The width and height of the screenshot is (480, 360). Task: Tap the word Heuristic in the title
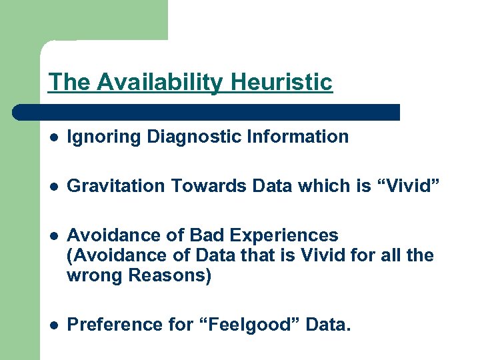coord(281,82)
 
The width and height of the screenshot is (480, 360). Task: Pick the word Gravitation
coord(116,186)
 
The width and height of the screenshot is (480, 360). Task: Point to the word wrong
coord(96,275)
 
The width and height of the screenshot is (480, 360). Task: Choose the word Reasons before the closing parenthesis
coord(167,275)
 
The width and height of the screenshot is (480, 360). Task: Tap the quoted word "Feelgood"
coord(243,325)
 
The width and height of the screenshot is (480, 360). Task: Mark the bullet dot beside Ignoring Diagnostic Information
coord(53,138)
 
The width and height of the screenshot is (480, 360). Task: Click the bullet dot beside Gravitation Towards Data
coord(53,187)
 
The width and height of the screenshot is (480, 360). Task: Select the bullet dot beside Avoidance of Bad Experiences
coord(53,236)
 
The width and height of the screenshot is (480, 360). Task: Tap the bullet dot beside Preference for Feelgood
coord(53,325)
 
